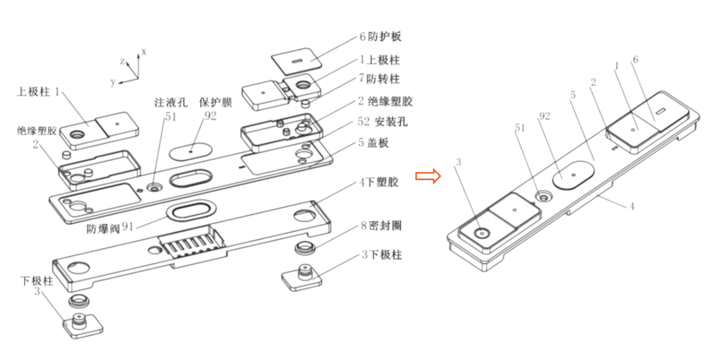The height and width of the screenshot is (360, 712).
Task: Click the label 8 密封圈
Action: pyautogui.click(x=379, y=225)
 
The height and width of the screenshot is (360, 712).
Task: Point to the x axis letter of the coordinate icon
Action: pyautogui.click(x=144, y=51)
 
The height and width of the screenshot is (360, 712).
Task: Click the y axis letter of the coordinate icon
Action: pyautogui.click(x=113, y=82)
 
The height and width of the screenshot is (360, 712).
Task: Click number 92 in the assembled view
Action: pyautogui.click(x=544, y=118)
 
